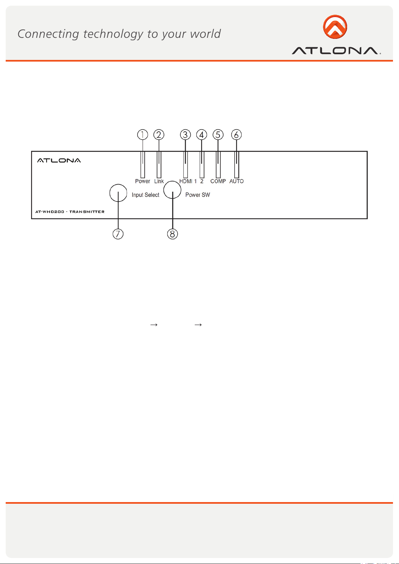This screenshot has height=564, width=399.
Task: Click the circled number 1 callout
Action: pyautogui.click(x=143, y=135)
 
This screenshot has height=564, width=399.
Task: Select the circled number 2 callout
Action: pyautogui.click(x=159, y=135)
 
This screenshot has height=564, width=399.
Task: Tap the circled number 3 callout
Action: pyautogui.click(x=185, y=135)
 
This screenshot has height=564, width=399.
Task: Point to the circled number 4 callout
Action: pyautogui.click(x=202, y=135)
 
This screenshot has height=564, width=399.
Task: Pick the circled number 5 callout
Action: pyautogui.click(x=218, y=135)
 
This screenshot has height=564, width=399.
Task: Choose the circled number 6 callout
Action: pyautogui.click(x=237, y=135)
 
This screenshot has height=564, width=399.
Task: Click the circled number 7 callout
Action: pyautogui.click(x=118, y=234)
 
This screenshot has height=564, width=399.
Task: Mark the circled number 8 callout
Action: pyautogui.click(x=172, y=234)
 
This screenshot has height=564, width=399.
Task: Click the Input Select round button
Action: pyautogui.click(x=118, y=193)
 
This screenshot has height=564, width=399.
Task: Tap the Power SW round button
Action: pyautogui.click(x=172, y=189)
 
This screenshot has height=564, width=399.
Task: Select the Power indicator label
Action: pyautogui.click(x=143, y=181)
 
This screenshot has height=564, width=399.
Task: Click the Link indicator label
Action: pyautogui.click(x=159, y=181)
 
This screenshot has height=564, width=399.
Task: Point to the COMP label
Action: pyautogui.click(x=218, y=181)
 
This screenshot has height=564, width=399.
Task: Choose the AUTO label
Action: pyautogui.click(x=237, y=181)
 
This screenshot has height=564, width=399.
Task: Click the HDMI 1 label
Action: pyautogui.click(x=188, y=181)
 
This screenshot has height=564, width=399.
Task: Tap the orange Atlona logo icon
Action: pyautogui.click(x=335, y=27)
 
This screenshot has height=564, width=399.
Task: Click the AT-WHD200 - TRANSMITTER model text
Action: pyautogui.click(x=70, y=212)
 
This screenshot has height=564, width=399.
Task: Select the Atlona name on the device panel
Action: pyautogui.click(x=59, y=160)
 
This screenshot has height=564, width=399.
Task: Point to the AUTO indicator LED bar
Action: pyautogui.click(x=237, y=165)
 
